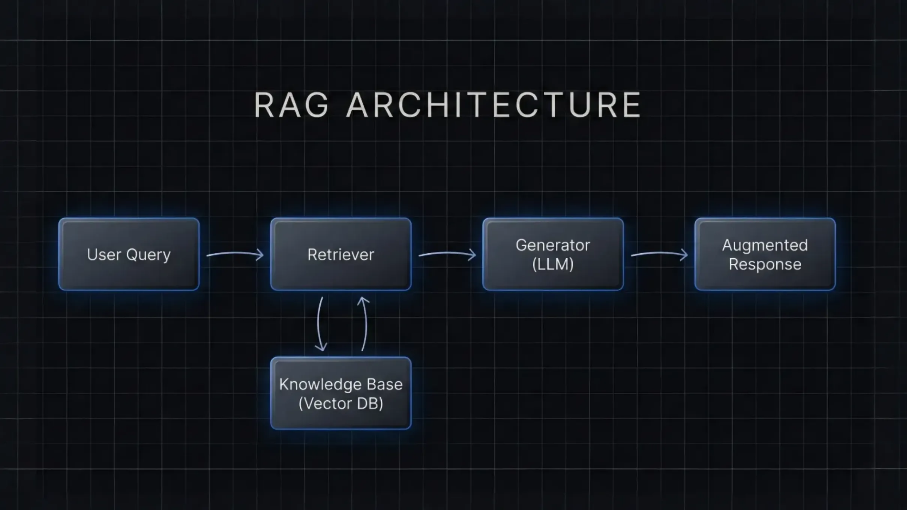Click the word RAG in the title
(x=292, y=105)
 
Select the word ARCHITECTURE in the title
(x=493, y=105)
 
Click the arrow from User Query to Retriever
(x=235, y=254)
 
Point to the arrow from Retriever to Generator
(x=447, y=254)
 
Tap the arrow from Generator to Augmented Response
(x=659, y=254)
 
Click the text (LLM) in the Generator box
(x=553, y=264)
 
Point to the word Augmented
(x=765, y=245)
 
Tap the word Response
(x=765, y=264)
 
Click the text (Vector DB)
(x=341, y=403)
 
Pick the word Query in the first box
(x=148, y=255)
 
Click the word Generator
(x=553, y=245)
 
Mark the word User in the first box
(x=104, y=255)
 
